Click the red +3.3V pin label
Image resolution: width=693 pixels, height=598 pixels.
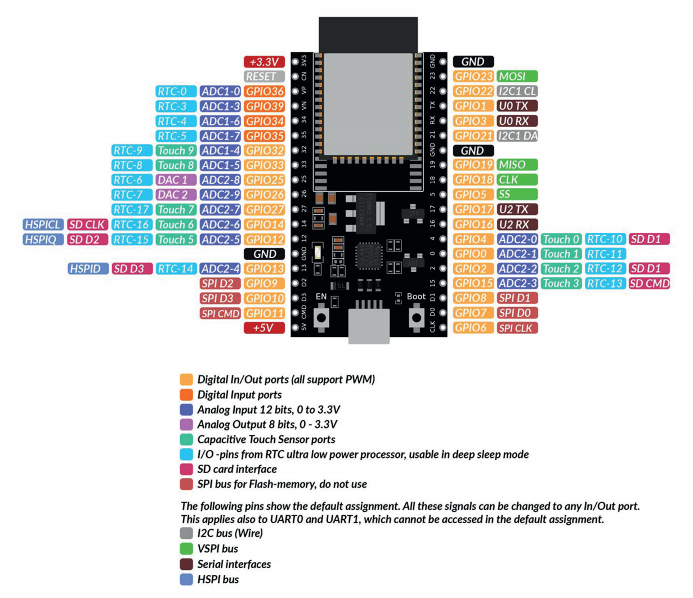coord(264,62)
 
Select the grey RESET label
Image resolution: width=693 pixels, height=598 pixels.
coord(264,77)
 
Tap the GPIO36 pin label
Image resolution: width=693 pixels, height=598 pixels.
coord(264,91)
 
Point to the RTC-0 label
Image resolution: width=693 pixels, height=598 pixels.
coord(176,91)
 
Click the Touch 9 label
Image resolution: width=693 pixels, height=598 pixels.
coord(176,150)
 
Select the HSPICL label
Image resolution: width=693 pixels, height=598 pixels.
coord(43,224)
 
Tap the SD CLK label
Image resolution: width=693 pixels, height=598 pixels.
coord(87,224)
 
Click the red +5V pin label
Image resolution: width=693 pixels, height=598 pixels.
coord(264,327)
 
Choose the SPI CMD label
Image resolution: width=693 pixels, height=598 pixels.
coord(220,313)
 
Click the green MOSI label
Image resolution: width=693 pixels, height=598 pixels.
coord(517,76)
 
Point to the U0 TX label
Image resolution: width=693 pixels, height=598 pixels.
coord(517,106)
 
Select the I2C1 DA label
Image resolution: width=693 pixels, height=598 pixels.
coord(517,136)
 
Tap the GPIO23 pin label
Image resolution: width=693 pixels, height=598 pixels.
coord(473,76)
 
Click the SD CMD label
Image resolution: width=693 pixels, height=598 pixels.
coord(649,284)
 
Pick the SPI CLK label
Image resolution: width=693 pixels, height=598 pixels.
coord(517,328)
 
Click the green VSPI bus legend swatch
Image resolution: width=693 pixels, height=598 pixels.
coord(186,548)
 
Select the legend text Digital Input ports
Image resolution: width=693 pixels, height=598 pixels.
coord(239,395)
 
